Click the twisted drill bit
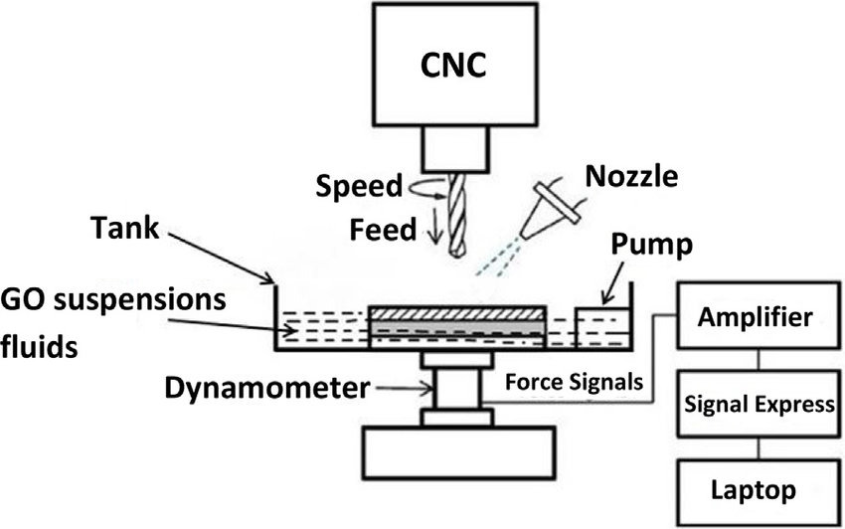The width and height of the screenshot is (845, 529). [455, 214]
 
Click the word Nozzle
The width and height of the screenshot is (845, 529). [632, 178]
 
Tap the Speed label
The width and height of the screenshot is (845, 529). [359, 186]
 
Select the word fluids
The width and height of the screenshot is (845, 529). [40, 349]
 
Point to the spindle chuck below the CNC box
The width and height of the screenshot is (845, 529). [455, 150]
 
